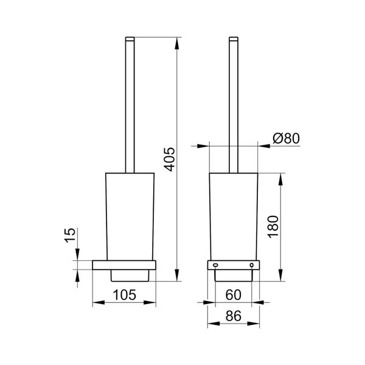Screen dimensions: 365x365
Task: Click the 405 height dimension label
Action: [169, 159]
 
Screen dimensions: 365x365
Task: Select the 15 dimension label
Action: [70, 235]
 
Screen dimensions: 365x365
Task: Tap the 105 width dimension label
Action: [124, 295]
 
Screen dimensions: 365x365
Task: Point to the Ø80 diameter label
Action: [286, 139]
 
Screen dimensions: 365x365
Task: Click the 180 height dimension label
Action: [273, 226]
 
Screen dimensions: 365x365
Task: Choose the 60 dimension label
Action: [233, 295]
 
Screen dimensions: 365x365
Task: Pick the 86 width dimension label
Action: [233, 316]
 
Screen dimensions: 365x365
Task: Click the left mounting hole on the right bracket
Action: [215, 265]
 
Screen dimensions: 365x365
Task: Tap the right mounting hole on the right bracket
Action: [252, 265]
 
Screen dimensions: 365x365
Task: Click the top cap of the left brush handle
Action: [130, 39]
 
